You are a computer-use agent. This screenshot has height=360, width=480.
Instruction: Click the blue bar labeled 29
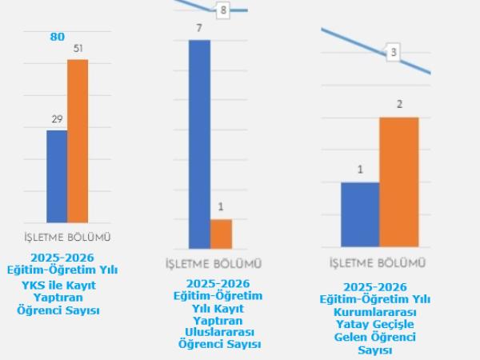coord(56,176)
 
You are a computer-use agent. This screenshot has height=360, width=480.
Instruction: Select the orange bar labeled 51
coord(78,141)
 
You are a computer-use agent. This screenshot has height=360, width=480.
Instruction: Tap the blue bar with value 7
coord(199,144)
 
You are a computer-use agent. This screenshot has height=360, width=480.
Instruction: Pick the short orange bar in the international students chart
coord(221,234)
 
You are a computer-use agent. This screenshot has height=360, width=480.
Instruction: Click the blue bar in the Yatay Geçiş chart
coord(360,214)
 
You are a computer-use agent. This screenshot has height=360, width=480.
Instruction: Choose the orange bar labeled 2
coord(398,182)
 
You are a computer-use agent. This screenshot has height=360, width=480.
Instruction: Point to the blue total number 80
coord(58,36)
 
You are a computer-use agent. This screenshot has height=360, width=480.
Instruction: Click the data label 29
coord(57,119)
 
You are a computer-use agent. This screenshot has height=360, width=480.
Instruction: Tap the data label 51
coord(78,49)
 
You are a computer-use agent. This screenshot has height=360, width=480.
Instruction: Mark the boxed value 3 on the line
coord(393,54)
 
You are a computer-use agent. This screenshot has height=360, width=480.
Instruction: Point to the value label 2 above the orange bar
coord(398,105)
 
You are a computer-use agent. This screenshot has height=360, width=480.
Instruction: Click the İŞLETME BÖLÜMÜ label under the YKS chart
coord(67,237)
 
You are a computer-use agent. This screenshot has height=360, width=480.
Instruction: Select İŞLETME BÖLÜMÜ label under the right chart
coord(377,262)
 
